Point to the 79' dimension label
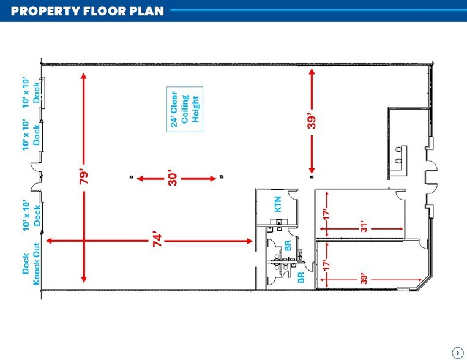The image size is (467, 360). coord(84,176)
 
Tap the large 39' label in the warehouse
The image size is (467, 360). coord(312,122)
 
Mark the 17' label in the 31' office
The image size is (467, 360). coord(327,214)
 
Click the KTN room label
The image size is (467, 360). coord(277,203)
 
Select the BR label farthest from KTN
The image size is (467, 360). coord(301,277)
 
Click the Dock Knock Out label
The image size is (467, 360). coord(31,269)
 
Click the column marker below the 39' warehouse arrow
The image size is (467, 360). coord(312,177)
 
